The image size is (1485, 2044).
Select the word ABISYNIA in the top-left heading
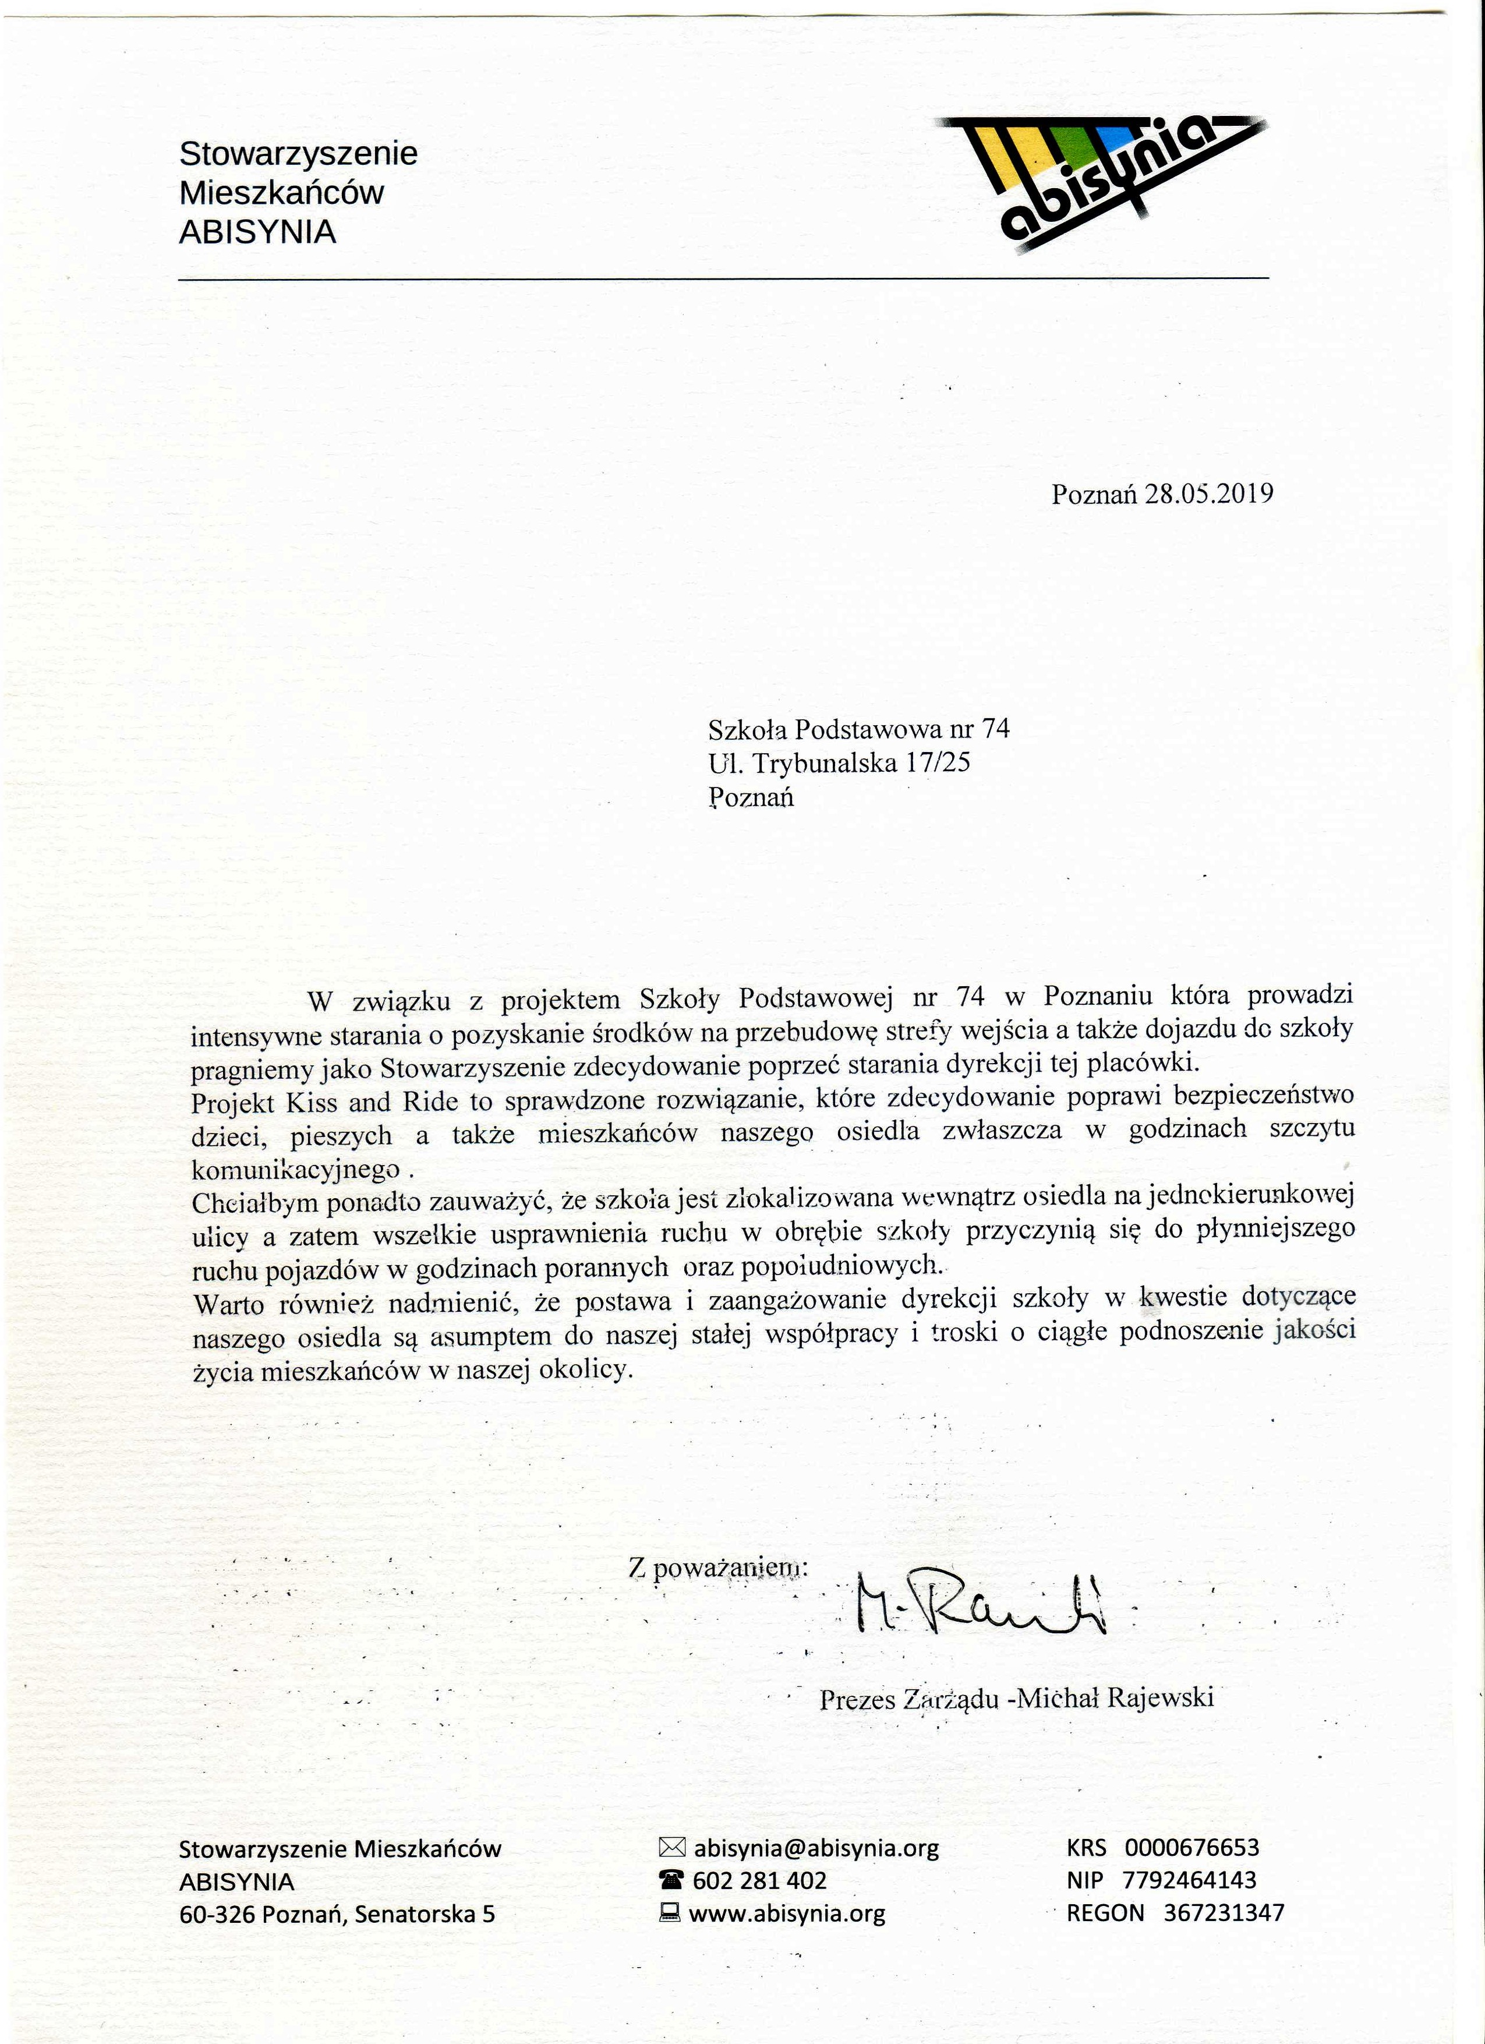click(258, 232)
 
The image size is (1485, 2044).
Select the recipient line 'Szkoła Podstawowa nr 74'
click(859, 728)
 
